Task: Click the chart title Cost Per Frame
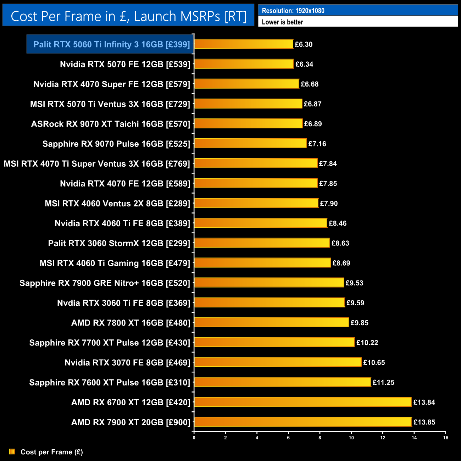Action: pos(128,16)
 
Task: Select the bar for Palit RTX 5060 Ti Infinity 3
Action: pos(244,44)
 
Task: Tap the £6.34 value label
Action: pos(304,64)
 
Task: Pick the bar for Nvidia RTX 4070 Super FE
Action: pos(247,84)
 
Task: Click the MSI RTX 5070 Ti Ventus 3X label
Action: pos(110,104)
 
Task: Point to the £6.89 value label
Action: pos(313,124)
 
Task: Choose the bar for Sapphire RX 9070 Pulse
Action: pos(250,143)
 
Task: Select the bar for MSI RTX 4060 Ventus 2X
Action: pos(256,203)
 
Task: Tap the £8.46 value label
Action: pos(338,223)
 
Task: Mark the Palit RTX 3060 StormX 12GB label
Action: pos(119,243)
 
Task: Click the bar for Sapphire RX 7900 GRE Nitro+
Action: pos(269,282)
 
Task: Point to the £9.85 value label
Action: pos(359,323)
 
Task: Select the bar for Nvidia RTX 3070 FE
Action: pos(278,362)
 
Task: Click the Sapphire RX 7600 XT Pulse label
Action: pos(110,382)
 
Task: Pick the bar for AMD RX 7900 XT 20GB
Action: pos(303,422)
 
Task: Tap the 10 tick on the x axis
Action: pos(351,438)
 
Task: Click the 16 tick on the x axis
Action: pos(445,438)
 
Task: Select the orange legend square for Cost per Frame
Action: pos(12,451)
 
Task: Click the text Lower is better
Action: pos(282,22)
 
